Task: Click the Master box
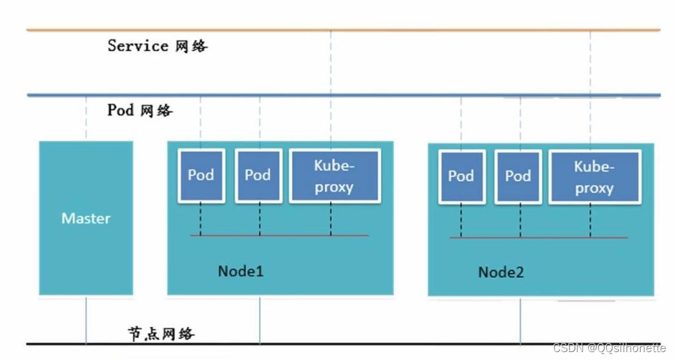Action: (x=86, y=218)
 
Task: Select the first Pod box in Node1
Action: (x=202, y=176)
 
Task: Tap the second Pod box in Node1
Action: (x=258, y=176)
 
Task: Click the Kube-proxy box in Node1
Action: (x=335, y=176)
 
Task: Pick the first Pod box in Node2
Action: (x=462, y=176)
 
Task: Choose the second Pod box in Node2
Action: (x=518, y=176)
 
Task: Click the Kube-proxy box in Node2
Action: (x=595, y=176)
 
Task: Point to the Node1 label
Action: (x=241, y=271)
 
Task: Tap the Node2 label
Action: (x=501, y=272)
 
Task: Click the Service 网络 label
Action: (x=157, y=45)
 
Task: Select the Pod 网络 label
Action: (x=140, y=110)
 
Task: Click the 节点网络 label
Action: (x=161, y=333)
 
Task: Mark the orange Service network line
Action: (x=344, y=30)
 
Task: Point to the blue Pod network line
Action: (x=344, y=95)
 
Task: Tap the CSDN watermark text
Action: (x=609, y=348)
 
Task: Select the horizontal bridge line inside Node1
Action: (x=279, y=235)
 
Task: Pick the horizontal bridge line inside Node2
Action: (x=539, y=238)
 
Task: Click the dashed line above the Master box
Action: (x=86, y=118)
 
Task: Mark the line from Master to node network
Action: (x=86, y=320)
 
